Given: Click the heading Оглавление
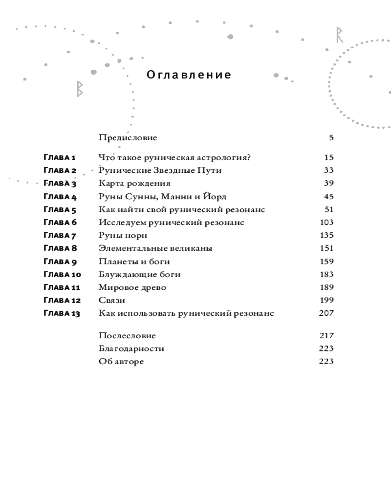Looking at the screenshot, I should point(189,75).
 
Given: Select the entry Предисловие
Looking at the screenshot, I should point(128,138).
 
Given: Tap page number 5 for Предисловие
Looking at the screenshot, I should point(331,138).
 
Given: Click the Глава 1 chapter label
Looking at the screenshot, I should point(60,158).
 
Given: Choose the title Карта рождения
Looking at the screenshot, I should point(134,183).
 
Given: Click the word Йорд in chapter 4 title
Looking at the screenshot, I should point(215,197).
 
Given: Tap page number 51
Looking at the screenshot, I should point(328,209).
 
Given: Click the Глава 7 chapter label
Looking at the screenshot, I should point(60,236).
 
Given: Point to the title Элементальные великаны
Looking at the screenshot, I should point(155,248).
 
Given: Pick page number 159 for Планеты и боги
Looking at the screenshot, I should point(326,262).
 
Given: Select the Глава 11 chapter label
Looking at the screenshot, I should point(62,287).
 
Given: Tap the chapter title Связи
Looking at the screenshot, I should point(111,300).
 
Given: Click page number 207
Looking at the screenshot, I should point(326,313).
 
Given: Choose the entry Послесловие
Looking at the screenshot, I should point(127,336).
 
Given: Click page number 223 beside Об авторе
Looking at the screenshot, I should point(326,362).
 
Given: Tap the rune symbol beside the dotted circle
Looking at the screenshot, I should point(339,35).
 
